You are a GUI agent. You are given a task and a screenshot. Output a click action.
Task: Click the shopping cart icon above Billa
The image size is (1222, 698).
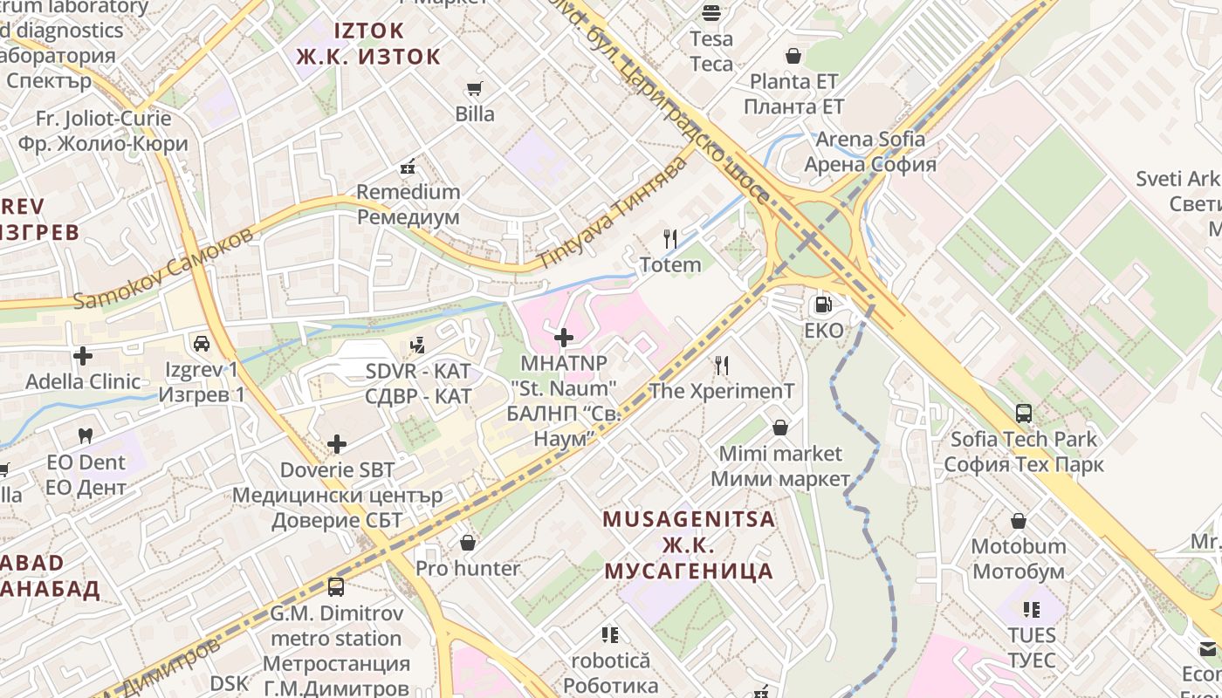474,88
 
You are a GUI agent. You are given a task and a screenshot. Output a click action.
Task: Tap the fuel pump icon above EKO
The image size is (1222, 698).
822,305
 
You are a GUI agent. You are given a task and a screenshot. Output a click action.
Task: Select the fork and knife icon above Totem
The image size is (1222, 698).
670,238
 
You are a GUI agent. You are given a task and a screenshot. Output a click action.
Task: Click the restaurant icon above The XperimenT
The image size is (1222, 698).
721,365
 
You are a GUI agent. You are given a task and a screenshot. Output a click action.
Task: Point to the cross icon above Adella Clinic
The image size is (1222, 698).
83,356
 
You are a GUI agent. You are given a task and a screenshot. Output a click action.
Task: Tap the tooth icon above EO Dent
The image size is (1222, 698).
86,435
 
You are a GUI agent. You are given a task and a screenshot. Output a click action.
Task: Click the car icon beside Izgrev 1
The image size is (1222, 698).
201,344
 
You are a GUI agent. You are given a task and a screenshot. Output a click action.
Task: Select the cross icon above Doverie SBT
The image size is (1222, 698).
337,444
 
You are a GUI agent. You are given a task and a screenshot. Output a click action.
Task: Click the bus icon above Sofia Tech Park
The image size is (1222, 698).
1024,413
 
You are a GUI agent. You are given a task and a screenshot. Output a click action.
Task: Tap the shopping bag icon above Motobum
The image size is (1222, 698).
1018,521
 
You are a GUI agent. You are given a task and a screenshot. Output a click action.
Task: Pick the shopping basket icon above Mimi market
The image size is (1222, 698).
779,428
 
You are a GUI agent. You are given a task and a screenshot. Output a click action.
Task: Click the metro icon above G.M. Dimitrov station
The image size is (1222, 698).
335,587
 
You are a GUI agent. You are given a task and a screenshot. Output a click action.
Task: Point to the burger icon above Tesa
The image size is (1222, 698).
711,12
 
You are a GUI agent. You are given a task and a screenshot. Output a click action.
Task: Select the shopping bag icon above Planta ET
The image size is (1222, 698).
793,56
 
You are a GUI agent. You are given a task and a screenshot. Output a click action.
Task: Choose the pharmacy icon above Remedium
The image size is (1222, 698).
408,166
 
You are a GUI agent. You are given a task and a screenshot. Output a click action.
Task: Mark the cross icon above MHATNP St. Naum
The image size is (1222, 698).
564,337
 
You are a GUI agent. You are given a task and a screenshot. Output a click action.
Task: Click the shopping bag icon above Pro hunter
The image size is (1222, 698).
468,543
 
